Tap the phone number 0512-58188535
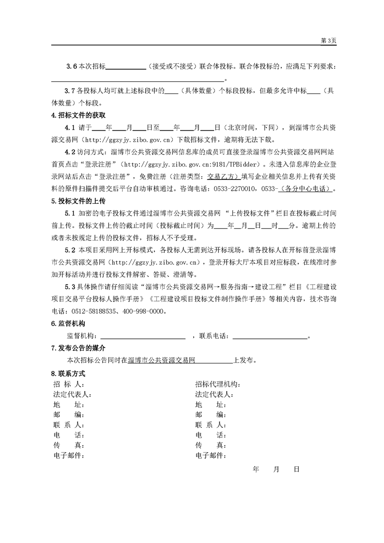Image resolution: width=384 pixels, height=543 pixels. [95, 312]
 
